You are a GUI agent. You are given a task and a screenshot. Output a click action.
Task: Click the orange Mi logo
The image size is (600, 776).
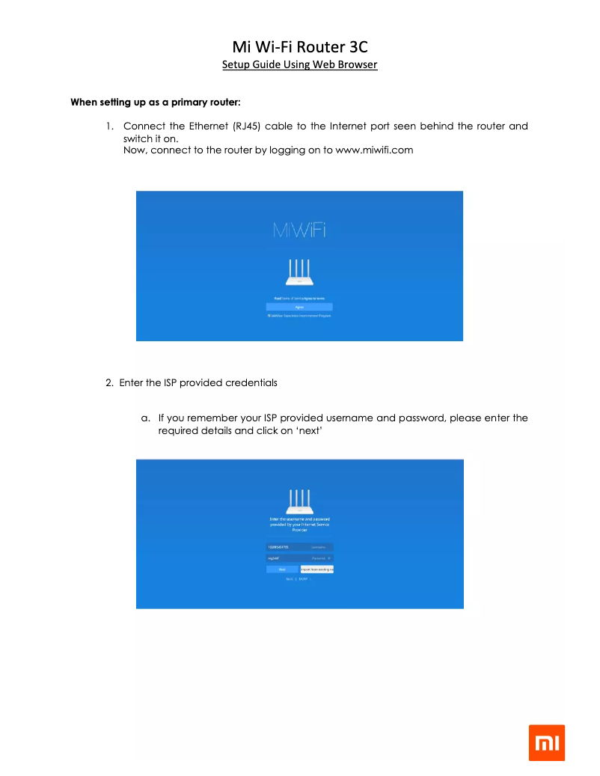[x=547, y=742]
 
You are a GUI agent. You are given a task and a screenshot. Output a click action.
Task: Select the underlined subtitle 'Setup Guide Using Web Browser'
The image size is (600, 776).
[x=299, y=65]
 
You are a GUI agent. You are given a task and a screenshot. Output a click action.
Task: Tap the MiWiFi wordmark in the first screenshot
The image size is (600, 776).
[x=299, y=233]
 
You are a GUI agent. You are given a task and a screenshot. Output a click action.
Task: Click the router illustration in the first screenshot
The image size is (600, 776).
[x=299, y=273]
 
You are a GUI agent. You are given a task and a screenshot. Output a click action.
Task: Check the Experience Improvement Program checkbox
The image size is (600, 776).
[x=269, y=317]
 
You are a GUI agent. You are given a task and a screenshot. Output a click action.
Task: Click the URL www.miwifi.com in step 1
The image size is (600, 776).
[x=374, y=150]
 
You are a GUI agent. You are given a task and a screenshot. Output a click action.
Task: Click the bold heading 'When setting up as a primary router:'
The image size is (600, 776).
[x=155, y=101]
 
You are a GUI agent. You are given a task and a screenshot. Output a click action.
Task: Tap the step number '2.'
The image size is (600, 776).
[x=109, y=383]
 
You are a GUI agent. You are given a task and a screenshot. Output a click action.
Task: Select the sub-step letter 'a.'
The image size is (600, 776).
[x=146, y=418]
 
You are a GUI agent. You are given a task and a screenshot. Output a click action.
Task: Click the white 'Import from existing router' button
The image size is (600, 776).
[x=316, y=569]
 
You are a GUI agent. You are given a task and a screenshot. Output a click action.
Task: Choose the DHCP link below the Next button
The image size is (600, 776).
[x=303, y=579]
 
